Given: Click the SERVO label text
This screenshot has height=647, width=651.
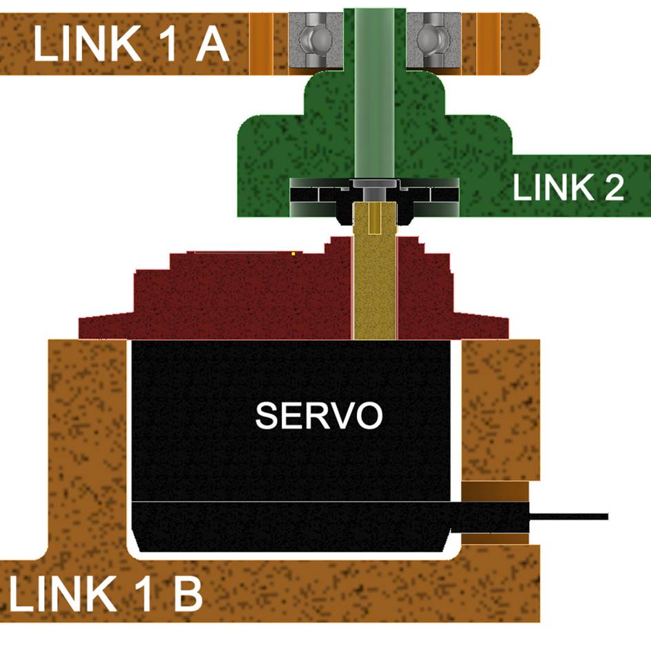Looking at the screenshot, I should pyautogui.click(x=318, y=415).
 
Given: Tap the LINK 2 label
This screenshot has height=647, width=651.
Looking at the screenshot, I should pyautogui.click(x=568, y=187).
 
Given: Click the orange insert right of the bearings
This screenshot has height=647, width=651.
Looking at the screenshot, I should pyautogui.click(x=488, y=43).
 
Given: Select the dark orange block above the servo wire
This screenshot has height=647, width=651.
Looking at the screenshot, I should pyautogui.click(x=495, y=492).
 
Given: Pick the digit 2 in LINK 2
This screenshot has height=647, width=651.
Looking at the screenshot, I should pyautogui.click(x=612, y=187).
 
